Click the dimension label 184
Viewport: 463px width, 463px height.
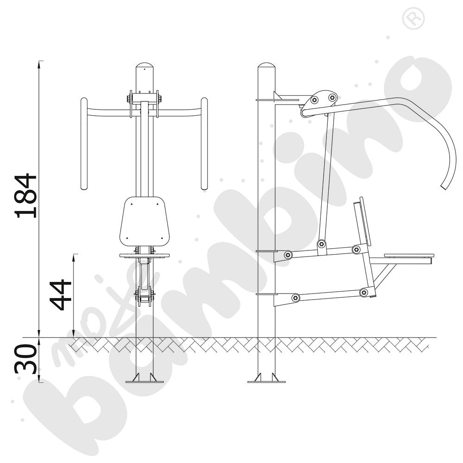pyautogui.click(x=26, y=196)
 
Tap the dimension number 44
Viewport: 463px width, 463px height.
pyautogui.click(x=61, y=295)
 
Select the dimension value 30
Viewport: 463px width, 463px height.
pyautogui.click(x=26, y=359)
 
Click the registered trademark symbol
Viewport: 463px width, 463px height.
pyautogui.click(x=413, y=19)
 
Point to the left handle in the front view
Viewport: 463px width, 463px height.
pyautogui.click(x=84, y=144)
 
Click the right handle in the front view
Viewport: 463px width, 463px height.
pyautogui.click(x=204, y=144)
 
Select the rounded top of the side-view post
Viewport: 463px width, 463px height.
pyautogui.click(x=267, y=65)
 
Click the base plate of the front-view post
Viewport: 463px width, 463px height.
pyautogui.click(x=144, y=382)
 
